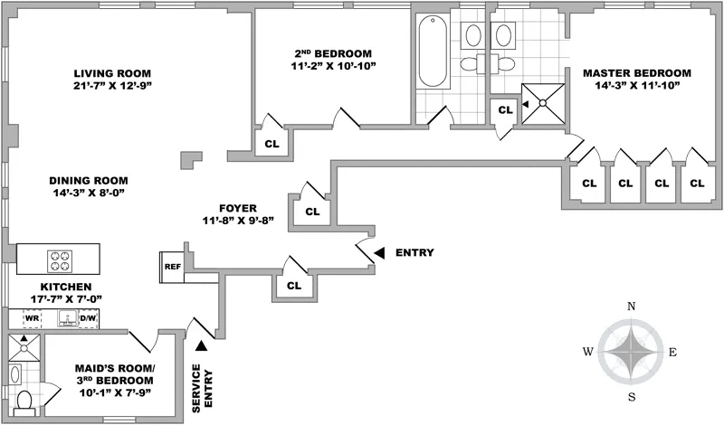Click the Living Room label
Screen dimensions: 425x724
pyautogui.click(x=112, y=73)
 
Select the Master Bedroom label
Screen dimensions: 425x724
pyautogui.click(x=636, y=72)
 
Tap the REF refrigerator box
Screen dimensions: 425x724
pyautogui.click(x=172, y=267)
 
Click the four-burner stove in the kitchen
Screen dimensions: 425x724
pyautogui.click(x=61, y=260)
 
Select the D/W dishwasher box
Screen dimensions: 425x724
pyautogui.click(x=88, y=318)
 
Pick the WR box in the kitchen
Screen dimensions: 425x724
pyautogui.click(x=31, y=318)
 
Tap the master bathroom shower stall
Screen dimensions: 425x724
pyautogui.click(x=547, y=102)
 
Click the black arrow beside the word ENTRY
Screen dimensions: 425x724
pyautogui.click(x=380, y=252)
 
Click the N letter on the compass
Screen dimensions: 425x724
pyautogui.click(x=631, y=307)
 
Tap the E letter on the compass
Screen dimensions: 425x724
pyautogui.click(x=672, y=352)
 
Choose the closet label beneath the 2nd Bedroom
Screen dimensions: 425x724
pyautogui.click(x=271, y=143)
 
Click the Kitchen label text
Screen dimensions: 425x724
pyautogui.click(x=60, y=287)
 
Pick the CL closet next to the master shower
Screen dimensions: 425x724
pyautogui.click(x=504, y=109)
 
